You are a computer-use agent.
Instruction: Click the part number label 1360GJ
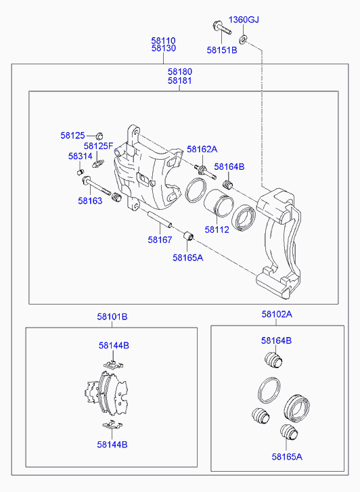244,20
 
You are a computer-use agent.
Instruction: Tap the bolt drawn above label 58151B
222,28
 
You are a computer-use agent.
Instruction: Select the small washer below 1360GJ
243,39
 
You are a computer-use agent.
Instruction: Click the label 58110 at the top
164,41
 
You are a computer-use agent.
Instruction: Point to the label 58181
179,81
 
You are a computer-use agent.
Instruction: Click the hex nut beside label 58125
99,136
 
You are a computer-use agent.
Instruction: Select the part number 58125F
98,146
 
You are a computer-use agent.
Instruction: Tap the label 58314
81,156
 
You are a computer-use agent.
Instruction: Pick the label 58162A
202,149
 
